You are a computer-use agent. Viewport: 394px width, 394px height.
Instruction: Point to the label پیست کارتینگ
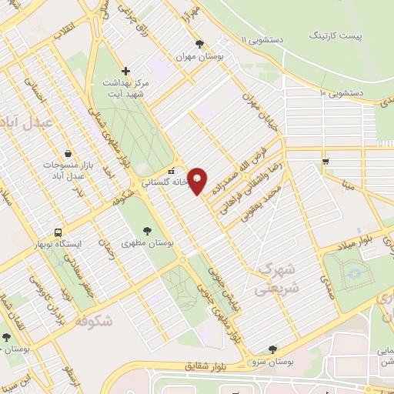pyautogui.click(x=336, y=35)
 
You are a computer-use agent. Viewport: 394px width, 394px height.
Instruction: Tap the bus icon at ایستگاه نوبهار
pyautogui.click(x=58, y=232)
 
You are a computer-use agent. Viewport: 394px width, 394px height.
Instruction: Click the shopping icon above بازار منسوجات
pyautogui.click(x=69, y=152)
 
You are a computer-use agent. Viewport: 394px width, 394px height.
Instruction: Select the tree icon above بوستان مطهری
pyautogui.click(x=147, y=228)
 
